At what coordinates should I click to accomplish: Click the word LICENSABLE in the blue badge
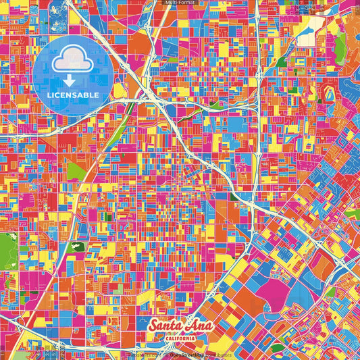tap(74, 95)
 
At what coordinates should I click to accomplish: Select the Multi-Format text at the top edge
tap(179, 3)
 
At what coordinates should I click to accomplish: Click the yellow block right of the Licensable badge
tap(120, 90)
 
